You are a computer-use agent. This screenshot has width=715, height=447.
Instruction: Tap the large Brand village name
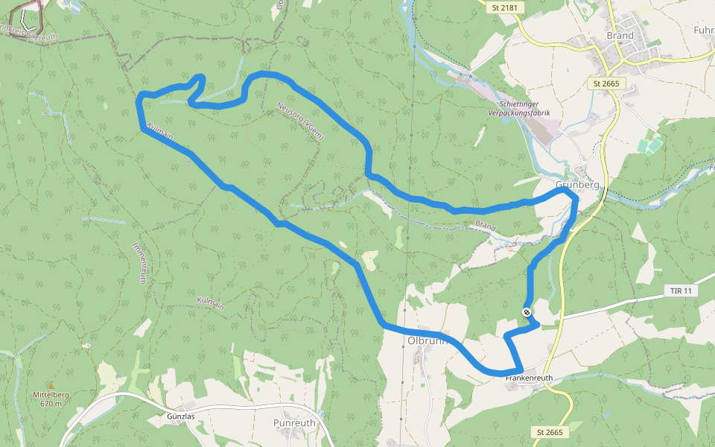(x=620, y=36)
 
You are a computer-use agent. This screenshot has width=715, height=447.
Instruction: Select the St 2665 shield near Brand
(x=606, y=83)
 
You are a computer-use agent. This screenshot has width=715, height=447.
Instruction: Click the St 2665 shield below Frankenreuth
(x=550, y=432)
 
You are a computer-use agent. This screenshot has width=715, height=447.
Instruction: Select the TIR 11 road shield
(x=681, y=291)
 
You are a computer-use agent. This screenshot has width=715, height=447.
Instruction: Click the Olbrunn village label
(x=425, y=340)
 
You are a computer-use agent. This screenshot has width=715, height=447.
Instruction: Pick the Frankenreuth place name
(x=528, y=378)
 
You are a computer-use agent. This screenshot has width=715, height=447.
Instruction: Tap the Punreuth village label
(x=294, y=422)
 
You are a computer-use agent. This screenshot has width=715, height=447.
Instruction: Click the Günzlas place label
(x=180, y=416)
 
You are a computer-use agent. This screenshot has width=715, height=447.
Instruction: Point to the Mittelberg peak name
(x=51, y=395)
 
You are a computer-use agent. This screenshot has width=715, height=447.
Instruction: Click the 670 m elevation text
(x=51, y=403)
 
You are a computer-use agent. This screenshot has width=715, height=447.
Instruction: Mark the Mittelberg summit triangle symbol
(x=51, y=386)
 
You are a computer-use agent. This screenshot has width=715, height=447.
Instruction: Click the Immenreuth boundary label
(x=139, y=263)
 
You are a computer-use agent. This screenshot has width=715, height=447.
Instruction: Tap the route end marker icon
(x=527, y=312)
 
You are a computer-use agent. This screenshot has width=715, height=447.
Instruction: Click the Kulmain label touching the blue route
(x=161, y=132)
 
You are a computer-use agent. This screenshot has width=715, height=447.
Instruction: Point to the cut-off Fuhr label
(x=703, y=31)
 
